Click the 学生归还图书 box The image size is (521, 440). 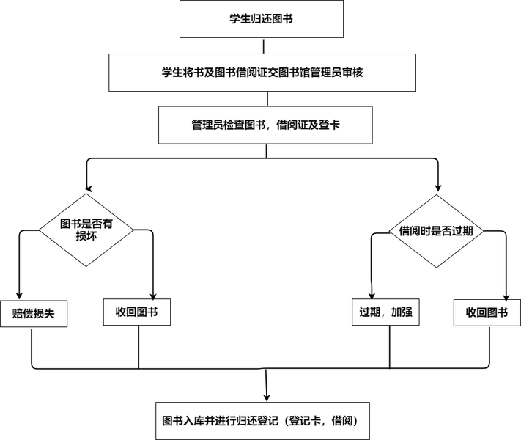pos(261,19)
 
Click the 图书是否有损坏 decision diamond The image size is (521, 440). pos(86,230)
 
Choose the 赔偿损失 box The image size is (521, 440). pos(34,313)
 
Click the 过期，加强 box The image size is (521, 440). pos(386,313)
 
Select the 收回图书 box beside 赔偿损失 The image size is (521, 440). pos(137,312)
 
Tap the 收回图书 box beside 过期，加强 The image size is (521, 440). pos(487,313)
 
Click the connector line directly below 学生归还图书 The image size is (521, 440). pos(260,45)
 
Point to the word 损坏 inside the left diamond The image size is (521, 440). pos(86,237)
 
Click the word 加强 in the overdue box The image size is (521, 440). pos(402,313)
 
